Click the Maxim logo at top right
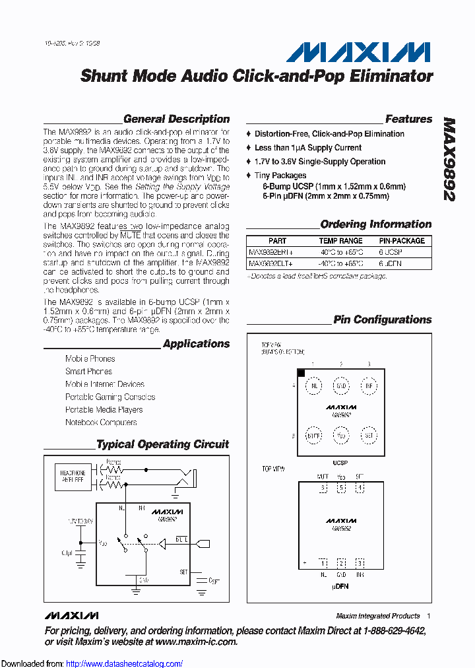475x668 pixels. [x=358, y=52]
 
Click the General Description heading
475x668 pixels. [x=176, y=119]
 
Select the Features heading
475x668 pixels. [x=408, y=119]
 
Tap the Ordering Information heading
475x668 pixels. [x=375, y=224]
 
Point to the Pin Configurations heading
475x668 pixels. [x=382, y=320]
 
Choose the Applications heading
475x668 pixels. [x=196, y=344]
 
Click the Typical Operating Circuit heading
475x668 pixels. [x=162, y=445]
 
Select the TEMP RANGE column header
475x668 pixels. [x=340, y=241]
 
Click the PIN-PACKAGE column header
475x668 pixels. [x=402, y=241]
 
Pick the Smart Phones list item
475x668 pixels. [x=88, y=372]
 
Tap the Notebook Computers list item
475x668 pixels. [x=101, y=422]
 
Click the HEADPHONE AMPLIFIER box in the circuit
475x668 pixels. [x=73, y=476]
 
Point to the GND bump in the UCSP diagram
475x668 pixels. [x=341, y=385]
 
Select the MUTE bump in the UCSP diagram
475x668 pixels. [x=313, y=436]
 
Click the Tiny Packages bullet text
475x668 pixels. [x=280, y=176]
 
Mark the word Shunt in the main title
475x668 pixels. [x=104, y=76]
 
